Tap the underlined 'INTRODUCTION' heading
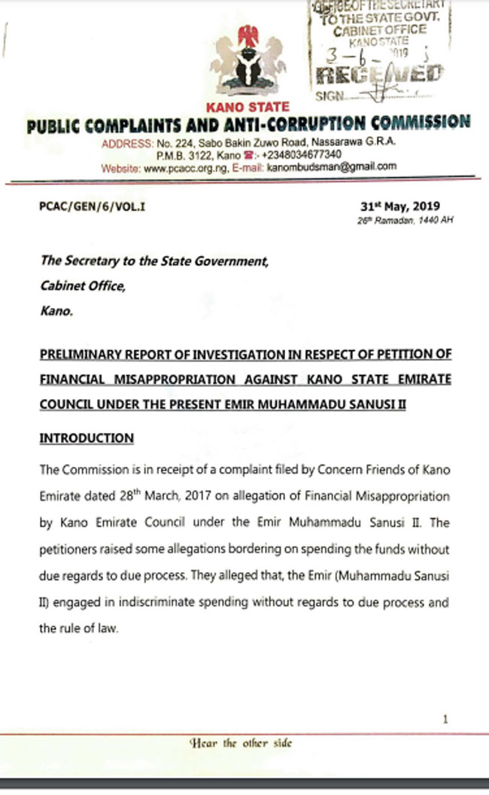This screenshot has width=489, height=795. [87, 438]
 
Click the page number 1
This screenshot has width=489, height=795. [446, 719]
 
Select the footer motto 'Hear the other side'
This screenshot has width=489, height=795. [241, 743]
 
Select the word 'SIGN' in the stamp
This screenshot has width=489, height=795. [329, 96]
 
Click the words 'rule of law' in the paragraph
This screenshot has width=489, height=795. [90, 627]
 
